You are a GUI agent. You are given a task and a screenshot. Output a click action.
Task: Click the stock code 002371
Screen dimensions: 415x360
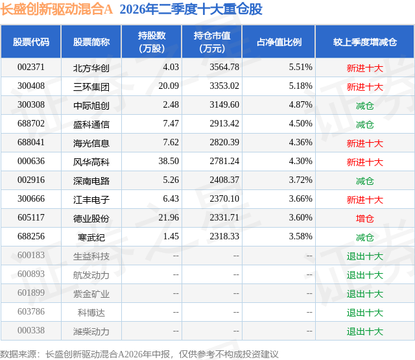pos(31,67)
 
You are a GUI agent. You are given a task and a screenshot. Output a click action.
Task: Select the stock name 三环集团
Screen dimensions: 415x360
pos(91,87)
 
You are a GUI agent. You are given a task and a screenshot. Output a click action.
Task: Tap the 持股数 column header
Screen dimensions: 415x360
pos(152,42)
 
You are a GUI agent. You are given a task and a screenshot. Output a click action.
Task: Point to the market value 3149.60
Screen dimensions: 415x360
pos(224,105)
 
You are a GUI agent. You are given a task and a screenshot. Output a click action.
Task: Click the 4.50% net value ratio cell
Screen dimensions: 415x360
pos(300,124)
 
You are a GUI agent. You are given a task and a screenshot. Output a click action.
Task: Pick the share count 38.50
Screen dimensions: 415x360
pos(169,162)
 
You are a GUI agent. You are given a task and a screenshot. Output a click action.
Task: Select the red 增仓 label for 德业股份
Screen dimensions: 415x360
pos(364,219)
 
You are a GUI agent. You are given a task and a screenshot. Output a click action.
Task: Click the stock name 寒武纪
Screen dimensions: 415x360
pos(91,237)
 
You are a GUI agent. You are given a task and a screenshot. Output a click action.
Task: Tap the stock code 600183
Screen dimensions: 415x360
pos(31,255)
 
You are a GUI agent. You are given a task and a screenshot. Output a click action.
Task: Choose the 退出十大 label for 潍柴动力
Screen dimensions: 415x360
pos(364,331)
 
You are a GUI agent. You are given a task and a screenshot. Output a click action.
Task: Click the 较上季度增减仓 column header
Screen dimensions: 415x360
pos(365,42)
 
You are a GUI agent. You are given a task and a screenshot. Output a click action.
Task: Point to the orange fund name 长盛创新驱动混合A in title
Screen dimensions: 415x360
pos(56,9)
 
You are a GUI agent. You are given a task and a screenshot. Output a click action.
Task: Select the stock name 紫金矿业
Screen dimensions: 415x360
pos(91,294)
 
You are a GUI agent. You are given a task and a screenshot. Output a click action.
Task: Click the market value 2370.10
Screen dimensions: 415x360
pos(224,198)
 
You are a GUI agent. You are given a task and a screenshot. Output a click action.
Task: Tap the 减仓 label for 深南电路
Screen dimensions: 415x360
pos(364,181)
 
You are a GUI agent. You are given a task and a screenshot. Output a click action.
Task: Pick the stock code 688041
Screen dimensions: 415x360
pos(31,143)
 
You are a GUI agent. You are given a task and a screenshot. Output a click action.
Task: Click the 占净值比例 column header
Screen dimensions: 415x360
pos(279,42)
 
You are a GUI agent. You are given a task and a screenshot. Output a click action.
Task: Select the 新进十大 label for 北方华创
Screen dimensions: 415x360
pos(364,68)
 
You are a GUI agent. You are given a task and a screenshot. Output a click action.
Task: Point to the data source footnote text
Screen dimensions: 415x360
pos(139,354)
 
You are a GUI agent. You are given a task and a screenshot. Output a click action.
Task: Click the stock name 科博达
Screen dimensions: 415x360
pos(91,313)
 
